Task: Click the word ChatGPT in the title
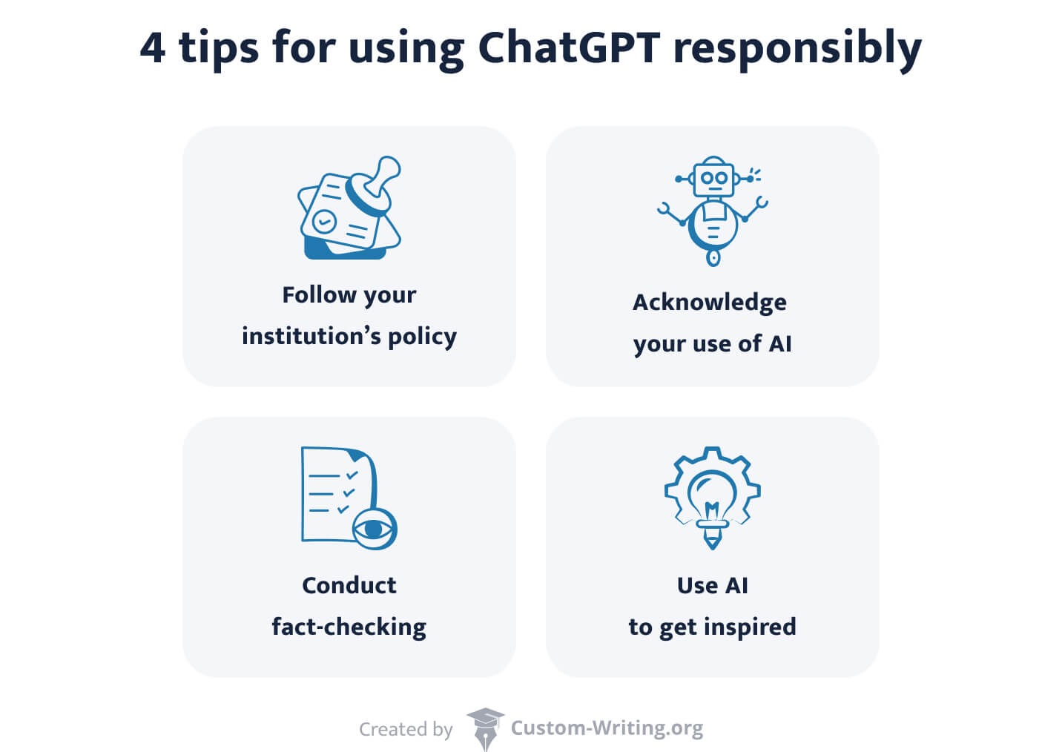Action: pyautogui.click(x=568, y=47)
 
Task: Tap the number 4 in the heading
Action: pyautogui.click(x=152, y=47)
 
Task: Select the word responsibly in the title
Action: pyautogui.click(x=796, y=49)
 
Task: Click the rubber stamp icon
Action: pyautogui.click(x=376, y=185)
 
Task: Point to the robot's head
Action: pyautogui.click(x=713, y=178)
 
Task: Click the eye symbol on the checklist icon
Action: pyautogui.click(x=375, y=529)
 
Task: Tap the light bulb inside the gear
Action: pyautogui.click(x=712, y=497)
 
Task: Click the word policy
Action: pyautogui.click(x=422, y=337)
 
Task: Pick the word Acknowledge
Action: pyautogui.click(x=709, y=303)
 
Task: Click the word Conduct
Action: pyautogui.click(x=349, y=585)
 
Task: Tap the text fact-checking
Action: pyautogui.click(x=349, y=627)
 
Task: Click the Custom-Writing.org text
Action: pyautogui.click(x=607, y=728)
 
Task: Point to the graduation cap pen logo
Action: pyautogui.click(x=485, y=728)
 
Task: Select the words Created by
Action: pyautogui.click(x=406, y=730)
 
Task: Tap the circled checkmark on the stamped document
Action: pyautogui.click(x=323, y=220)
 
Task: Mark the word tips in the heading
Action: pyautogui.click(x=219, y=49)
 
